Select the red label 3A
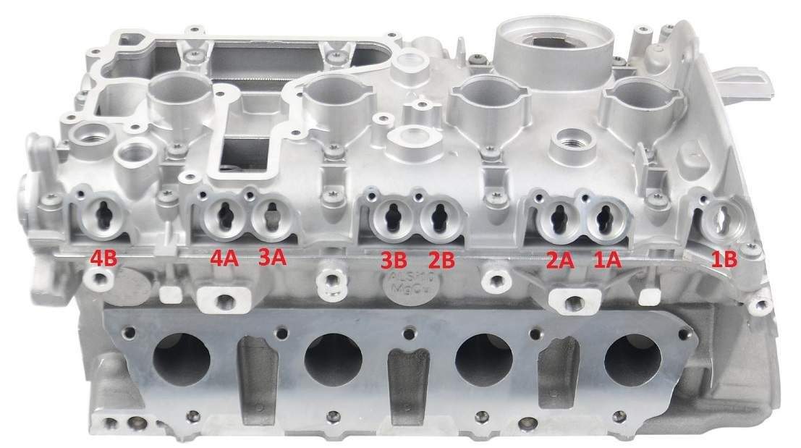(x=273, y=258)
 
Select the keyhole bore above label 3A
(x=271, y=216)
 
